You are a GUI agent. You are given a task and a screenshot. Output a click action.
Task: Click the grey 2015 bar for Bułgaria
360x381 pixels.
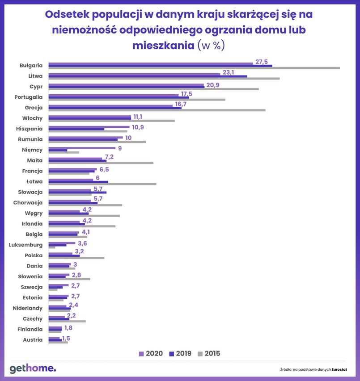(194, 68)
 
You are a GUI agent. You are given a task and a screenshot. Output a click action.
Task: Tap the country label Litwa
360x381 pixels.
(35, 76)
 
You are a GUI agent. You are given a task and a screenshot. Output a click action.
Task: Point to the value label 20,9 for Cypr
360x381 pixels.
(212, 85)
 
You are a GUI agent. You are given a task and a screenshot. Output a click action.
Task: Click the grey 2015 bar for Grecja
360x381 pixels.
(157, 110)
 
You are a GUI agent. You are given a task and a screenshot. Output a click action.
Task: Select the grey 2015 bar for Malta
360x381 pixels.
(101, 163)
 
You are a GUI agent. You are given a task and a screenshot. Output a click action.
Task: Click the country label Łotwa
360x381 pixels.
(34, 181)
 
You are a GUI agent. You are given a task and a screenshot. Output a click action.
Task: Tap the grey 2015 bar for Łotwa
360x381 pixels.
(102, 184)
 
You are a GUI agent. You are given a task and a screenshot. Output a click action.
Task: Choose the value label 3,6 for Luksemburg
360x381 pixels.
(82, 243)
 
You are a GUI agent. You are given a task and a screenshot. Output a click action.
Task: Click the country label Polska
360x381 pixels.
(34, 255)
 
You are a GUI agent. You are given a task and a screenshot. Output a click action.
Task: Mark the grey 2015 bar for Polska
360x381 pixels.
(76, 258)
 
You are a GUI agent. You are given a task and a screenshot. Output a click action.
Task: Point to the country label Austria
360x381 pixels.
(33, 340)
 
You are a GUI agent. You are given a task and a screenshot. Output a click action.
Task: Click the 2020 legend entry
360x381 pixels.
(151, 354)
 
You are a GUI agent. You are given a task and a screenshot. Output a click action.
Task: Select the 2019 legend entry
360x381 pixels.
(180, 354)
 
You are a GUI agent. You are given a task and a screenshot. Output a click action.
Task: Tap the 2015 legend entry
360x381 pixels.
(208, 354)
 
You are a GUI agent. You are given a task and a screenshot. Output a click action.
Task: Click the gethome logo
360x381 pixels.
(33, 368)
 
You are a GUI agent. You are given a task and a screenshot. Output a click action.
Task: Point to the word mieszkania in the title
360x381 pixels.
(163, 46)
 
